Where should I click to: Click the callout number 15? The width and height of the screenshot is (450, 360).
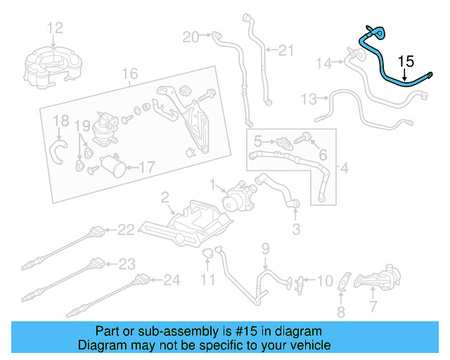(406, 61)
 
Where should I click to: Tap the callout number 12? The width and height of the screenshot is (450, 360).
(55, 27)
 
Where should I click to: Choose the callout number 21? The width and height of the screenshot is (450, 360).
(285, 50)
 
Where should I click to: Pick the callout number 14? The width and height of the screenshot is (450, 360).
(323, 63)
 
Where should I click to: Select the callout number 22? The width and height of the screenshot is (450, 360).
(125, 229)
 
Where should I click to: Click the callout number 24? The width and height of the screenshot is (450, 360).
(172, 281)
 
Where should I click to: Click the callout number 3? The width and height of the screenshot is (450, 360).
(296, 229)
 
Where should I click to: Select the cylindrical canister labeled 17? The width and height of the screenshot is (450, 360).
(111, 167)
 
